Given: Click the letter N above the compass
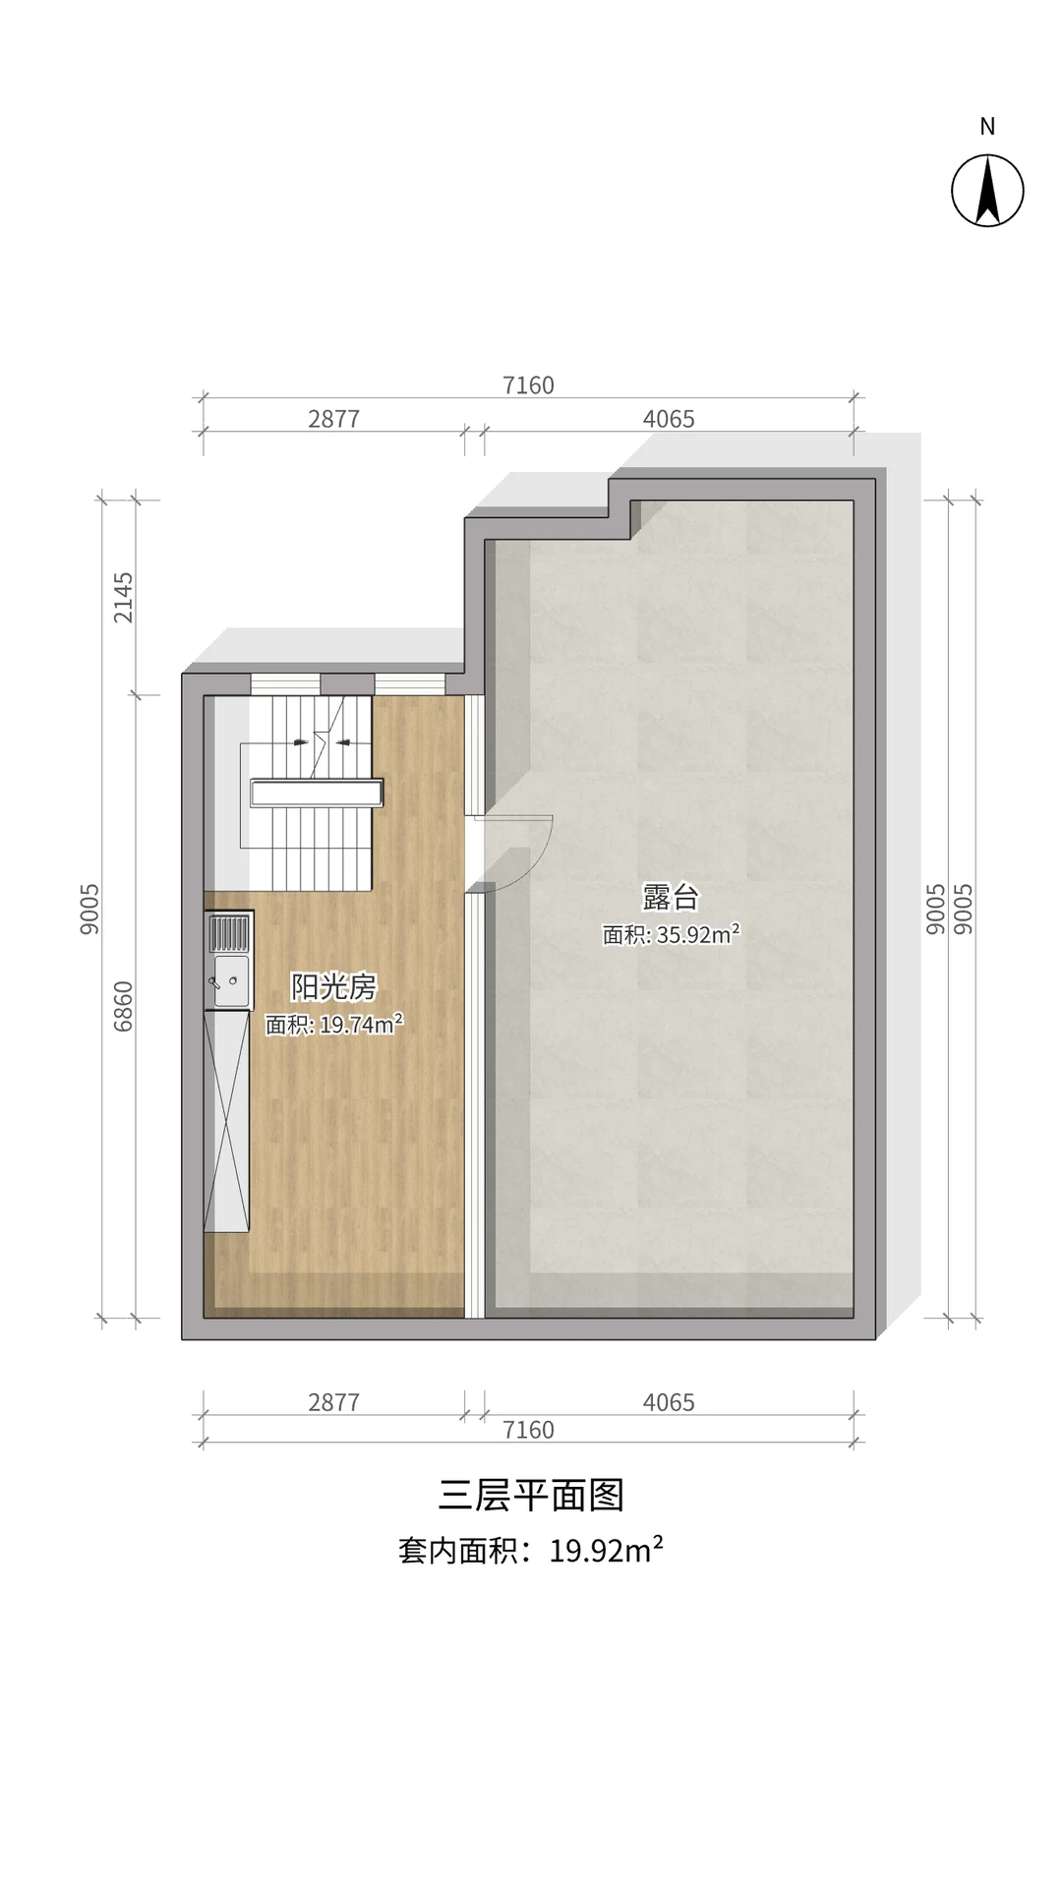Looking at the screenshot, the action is point(987,126).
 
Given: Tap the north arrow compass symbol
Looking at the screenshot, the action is point(987,191).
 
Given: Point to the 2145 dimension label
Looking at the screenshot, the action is point(123,598).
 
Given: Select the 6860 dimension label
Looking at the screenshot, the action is point(123,1006).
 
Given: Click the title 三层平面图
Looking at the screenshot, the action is point(531,1495).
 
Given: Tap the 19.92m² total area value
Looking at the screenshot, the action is point(606,1551).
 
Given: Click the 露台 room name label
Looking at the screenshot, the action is point(671,897).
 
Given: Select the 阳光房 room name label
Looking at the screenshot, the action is point(333,986).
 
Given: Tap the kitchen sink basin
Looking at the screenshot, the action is point(232,981).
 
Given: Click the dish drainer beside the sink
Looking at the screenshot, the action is point(228,933).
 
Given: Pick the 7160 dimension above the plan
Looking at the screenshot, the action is point(528,384).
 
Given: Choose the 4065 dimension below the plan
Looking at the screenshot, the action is point(669,1401).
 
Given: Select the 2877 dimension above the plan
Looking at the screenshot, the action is point(333,418).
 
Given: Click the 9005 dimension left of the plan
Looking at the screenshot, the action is point(89,909).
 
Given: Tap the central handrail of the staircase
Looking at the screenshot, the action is point(317,793).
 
